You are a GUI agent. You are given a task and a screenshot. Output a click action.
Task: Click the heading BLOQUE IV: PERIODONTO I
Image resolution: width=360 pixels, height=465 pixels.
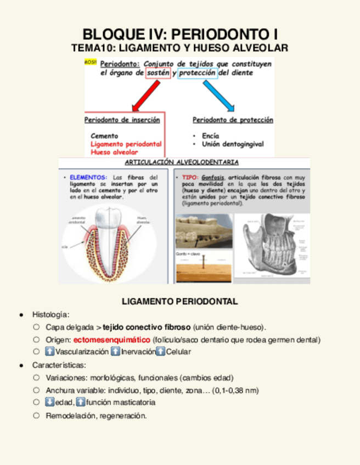179,34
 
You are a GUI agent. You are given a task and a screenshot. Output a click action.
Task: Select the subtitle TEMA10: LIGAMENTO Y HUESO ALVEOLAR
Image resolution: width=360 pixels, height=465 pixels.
179,48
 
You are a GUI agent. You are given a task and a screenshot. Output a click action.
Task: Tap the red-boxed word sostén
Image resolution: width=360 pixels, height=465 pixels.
158,72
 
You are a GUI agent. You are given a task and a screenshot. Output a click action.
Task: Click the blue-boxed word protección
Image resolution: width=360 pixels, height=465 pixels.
197,72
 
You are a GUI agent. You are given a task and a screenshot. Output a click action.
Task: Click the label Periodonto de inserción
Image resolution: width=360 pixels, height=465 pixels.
122,120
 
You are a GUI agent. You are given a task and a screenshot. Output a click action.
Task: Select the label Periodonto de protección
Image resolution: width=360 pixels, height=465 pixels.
233,120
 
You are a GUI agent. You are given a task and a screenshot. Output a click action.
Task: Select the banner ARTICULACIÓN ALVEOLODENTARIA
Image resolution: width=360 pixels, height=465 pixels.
182,162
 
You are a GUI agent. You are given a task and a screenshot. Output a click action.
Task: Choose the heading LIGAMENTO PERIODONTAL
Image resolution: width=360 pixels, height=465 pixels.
179,302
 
